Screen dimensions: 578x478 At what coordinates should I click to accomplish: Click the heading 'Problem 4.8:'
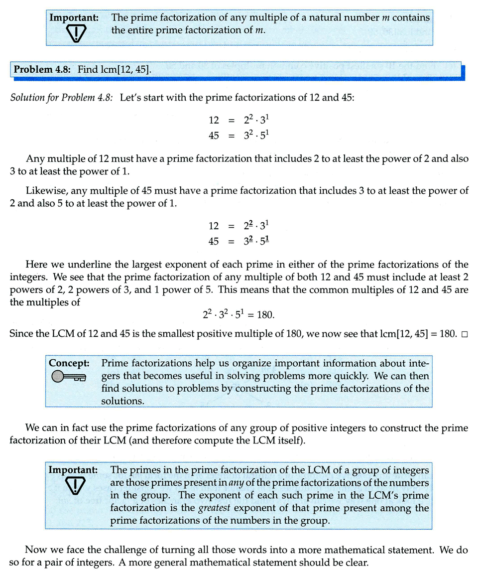point(43,69)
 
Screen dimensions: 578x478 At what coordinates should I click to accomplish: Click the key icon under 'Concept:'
point(69,377)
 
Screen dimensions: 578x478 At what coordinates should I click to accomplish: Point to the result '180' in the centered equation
point(265,315)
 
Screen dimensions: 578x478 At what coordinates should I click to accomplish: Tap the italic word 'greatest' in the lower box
point(215,508)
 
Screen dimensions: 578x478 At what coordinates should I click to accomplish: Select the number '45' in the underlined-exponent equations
point(214,241)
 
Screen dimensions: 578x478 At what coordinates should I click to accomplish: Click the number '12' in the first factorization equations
point(214,120)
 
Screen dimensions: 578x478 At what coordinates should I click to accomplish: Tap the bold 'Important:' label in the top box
point(74,17)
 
